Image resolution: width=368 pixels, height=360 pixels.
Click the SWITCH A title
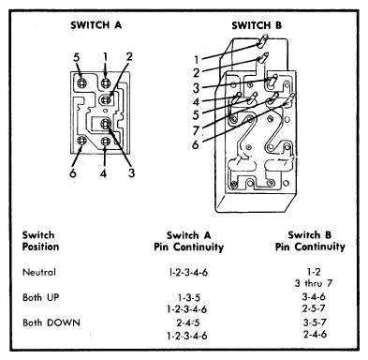96,25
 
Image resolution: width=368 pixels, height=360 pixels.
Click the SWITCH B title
257,25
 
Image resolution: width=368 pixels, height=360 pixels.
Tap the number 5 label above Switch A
77,57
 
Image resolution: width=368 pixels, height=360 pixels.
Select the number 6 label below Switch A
73,172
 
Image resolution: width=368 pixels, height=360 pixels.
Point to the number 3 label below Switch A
132,172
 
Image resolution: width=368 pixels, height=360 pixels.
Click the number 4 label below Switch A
103,172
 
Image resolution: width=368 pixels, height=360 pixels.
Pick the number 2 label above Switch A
129,56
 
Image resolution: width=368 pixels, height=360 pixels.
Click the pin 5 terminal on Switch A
82,83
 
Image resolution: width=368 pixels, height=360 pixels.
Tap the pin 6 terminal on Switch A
81,141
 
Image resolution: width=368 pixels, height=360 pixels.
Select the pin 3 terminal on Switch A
106,124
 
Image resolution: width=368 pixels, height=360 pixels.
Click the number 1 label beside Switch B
196,59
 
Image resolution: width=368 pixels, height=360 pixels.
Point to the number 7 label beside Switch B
196,130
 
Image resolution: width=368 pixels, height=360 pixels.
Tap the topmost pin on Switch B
262,41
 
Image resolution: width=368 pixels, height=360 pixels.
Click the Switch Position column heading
40,241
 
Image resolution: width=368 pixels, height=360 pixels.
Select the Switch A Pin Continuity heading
189,241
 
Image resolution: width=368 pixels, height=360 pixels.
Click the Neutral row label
39,272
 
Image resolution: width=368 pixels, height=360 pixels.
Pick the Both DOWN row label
52,322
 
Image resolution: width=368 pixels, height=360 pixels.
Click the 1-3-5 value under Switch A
189,297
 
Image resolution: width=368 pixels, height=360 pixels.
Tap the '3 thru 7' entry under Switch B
314,283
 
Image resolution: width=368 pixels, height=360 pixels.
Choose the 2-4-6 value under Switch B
315,334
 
